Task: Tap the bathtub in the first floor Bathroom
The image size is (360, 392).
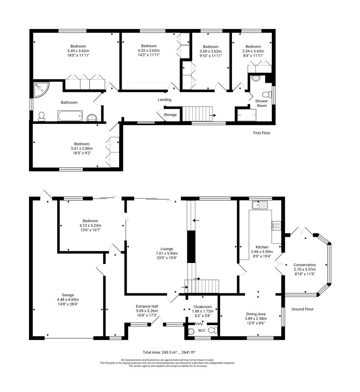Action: [x=70, y=116]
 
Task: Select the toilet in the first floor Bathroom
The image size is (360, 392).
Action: [x=42, y=116]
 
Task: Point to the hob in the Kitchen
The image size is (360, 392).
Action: [x=277, y=226]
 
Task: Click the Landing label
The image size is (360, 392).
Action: [x=164, y=100]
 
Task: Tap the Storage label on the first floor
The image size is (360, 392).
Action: [x=170, y=115]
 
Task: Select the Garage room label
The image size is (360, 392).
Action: [x=68, y=295]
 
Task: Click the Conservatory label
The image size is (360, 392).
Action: [x=304, y=265]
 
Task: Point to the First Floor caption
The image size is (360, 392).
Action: [x=262, y=133]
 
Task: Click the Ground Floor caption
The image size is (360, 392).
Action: [x=302, y=309]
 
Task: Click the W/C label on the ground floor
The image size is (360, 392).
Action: [x=202, y=331]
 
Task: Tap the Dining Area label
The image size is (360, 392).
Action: [x=255, y=314]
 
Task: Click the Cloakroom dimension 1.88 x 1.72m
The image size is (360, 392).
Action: [x=202, y=311]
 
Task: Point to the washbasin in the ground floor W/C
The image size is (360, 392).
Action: [x=191, y=331]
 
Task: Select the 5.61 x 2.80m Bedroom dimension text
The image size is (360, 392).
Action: [x=82, y=148]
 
